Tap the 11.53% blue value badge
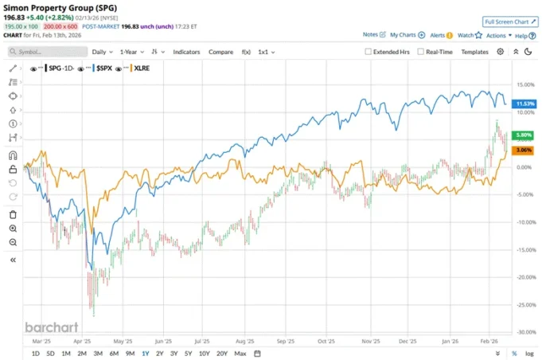click(522, 104)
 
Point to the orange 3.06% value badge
click(522, 151)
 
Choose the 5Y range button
click(188, 353)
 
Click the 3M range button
click(98, 353)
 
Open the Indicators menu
click(186, 52)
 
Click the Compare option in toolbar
click(220, 52)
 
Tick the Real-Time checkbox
click(420, 52)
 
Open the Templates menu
click(474, 52)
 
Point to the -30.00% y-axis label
click(522, 332)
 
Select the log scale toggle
click(528, 353)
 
